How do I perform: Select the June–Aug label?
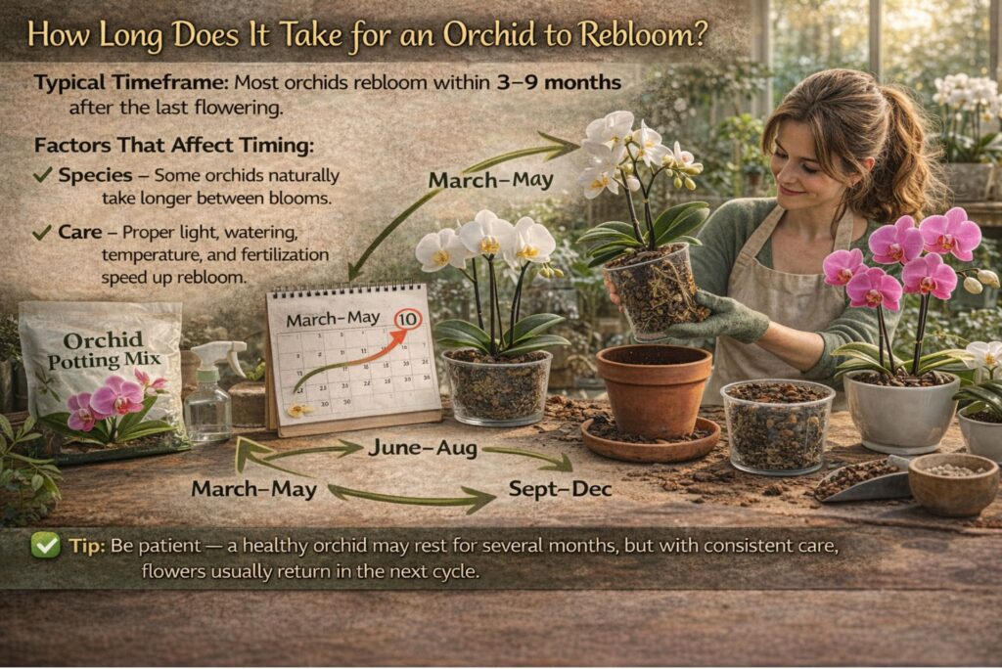[x=422, y=448]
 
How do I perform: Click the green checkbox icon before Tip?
[x=45, y=545]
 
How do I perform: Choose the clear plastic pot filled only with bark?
[x=777, y=426]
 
